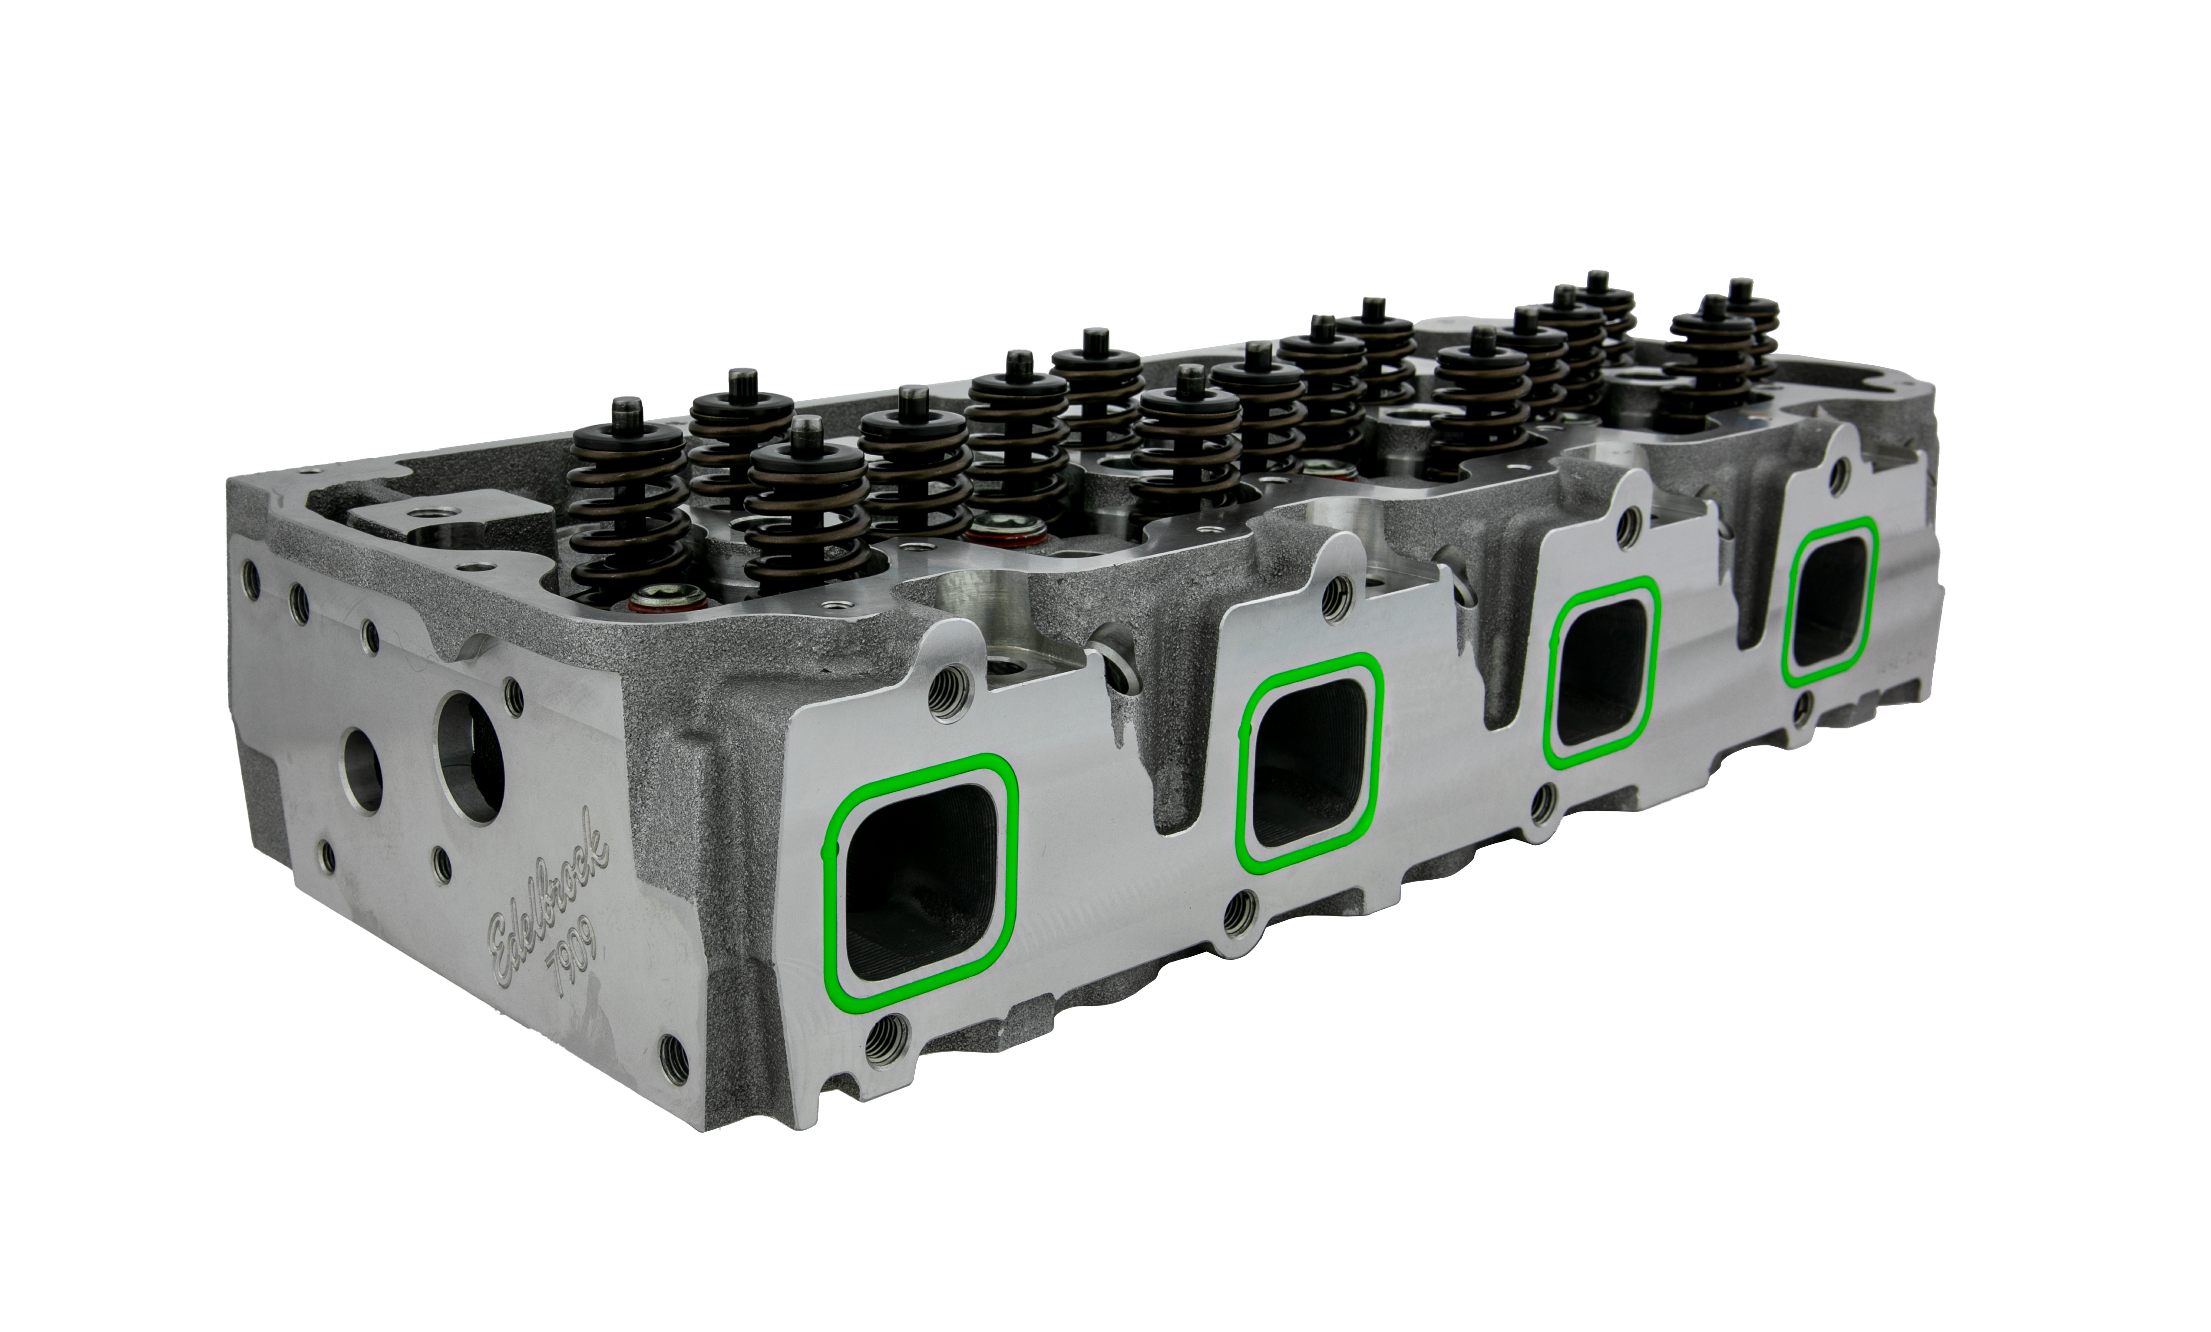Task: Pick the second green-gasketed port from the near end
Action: click(x=1310, y=763)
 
